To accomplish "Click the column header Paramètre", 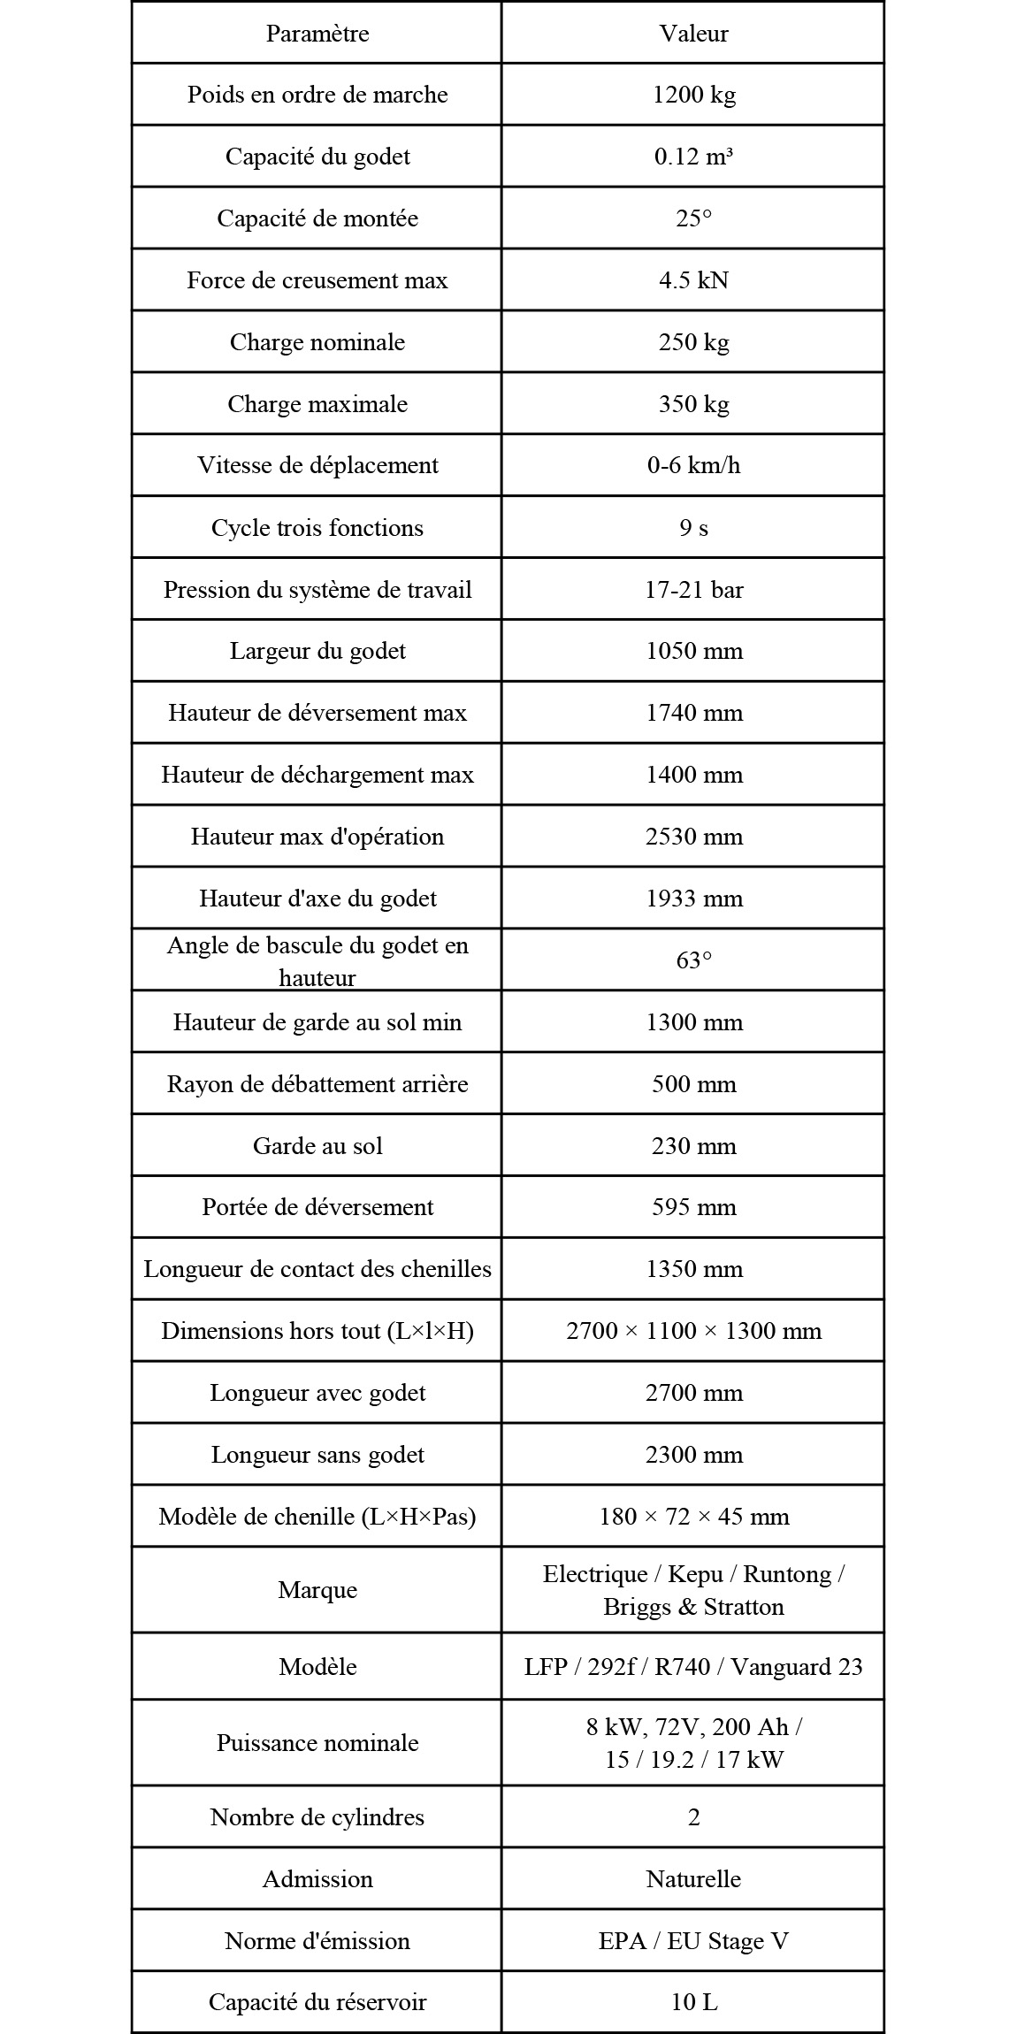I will pos(317,34).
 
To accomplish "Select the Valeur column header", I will pos(693,34).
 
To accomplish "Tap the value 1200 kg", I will pos(693,95).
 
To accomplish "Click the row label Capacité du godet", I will pos(317,157).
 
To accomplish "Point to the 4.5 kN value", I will pos(693,280).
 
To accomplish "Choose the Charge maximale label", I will pos(317,404).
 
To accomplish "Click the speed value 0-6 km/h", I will pos(693,465).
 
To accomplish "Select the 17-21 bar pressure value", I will pos(693,590).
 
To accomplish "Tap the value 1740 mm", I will pos(693,713).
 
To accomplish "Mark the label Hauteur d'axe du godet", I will pos(317,898).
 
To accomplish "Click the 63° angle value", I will pos(693,960).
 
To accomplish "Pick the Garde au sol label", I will pos(317,1146).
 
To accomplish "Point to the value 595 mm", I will pos(693,1207).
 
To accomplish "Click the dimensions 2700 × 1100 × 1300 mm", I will pos(693,1331).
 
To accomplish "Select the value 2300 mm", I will pos(693,1455).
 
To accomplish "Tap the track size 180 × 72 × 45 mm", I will pos(693,1517).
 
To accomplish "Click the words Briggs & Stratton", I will pos(693,1607).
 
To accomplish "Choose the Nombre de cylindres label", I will pos(317,1817).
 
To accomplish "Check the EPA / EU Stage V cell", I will pos(693,1941).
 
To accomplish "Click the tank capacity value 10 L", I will pos(693,2002).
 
